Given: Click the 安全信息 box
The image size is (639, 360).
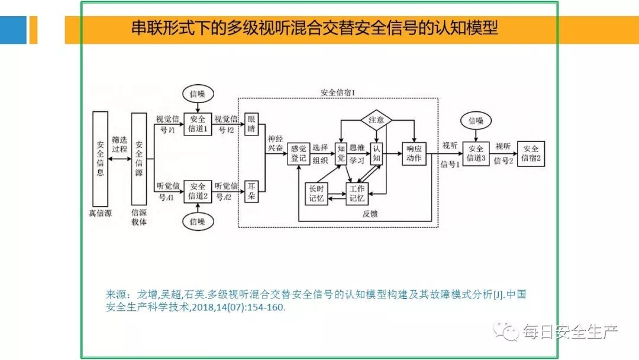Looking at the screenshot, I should point(101,159).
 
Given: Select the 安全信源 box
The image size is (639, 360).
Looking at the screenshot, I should point(138,159).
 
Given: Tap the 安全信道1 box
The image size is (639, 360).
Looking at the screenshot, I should point(198,124).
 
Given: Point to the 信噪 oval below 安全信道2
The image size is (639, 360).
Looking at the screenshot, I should point(198,222).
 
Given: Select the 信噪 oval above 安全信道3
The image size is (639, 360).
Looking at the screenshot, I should point(476,121).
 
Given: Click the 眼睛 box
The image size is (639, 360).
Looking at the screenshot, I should point(252,124).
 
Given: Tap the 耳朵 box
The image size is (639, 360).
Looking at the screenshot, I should point(252,191).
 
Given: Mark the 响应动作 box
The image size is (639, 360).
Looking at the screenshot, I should point(414,153).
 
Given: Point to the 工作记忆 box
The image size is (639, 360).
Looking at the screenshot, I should point(357,193).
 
